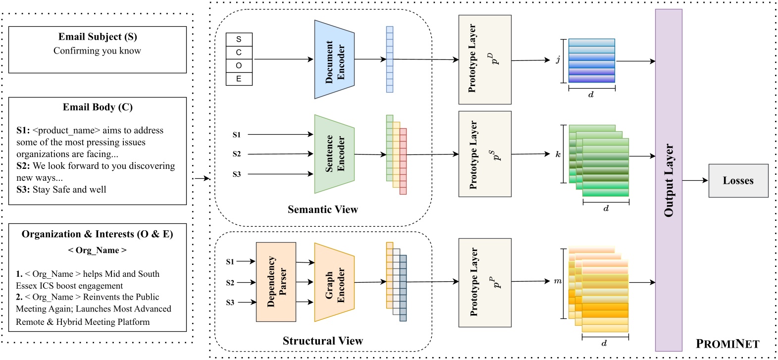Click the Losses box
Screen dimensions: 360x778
pos(738,181)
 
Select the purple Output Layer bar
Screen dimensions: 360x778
pos(669,180)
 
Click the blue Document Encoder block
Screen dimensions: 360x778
pos(334,59)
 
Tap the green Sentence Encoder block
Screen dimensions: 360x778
pos(334,154)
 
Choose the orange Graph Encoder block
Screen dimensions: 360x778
pos(334,282)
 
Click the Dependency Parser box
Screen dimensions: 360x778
pos(276,282)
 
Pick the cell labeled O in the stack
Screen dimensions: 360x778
pos(239,65)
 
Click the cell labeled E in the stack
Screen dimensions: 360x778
pos(239,79)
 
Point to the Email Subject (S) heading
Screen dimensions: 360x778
pos(98,37)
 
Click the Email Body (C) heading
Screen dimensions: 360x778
pos(98,107)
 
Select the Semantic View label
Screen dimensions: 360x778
pos(322,209)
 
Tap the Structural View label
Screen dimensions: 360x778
pos(322,341)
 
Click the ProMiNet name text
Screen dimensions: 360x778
pos(727,344)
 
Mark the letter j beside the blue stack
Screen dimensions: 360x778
pos(558,60)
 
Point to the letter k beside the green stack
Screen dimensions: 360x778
pos(558,154)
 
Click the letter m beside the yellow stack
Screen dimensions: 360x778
pos(558,281)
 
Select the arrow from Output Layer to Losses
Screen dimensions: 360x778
pos(695,180)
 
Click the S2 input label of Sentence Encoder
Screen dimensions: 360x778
pos(237,154)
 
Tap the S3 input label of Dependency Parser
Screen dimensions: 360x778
pos(230,302)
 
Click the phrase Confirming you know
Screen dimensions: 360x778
pos(97,51)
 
